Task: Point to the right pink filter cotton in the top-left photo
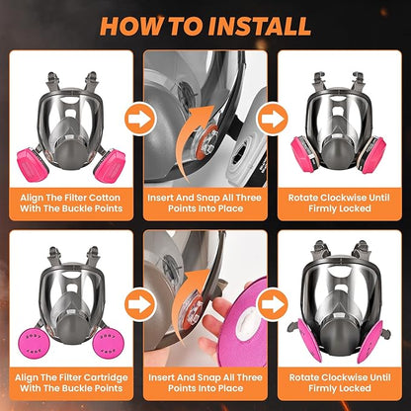coord(111,161)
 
